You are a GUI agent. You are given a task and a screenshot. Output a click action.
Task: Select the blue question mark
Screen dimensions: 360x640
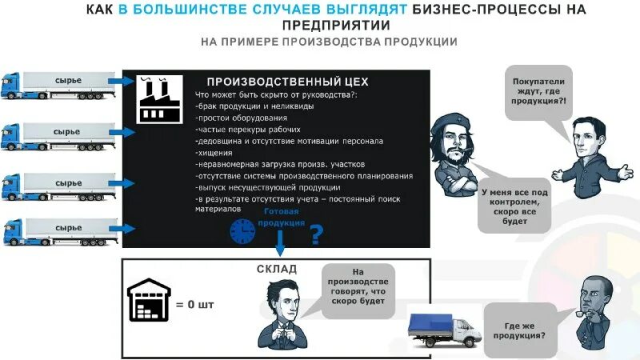316,234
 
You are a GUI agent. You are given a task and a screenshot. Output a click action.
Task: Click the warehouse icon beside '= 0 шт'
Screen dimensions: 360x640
150,302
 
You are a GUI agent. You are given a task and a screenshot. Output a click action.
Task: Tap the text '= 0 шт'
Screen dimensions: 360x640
195,304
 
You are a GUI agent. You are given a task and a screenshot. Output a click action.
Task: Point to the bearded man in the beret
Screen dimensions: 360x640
451,154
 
